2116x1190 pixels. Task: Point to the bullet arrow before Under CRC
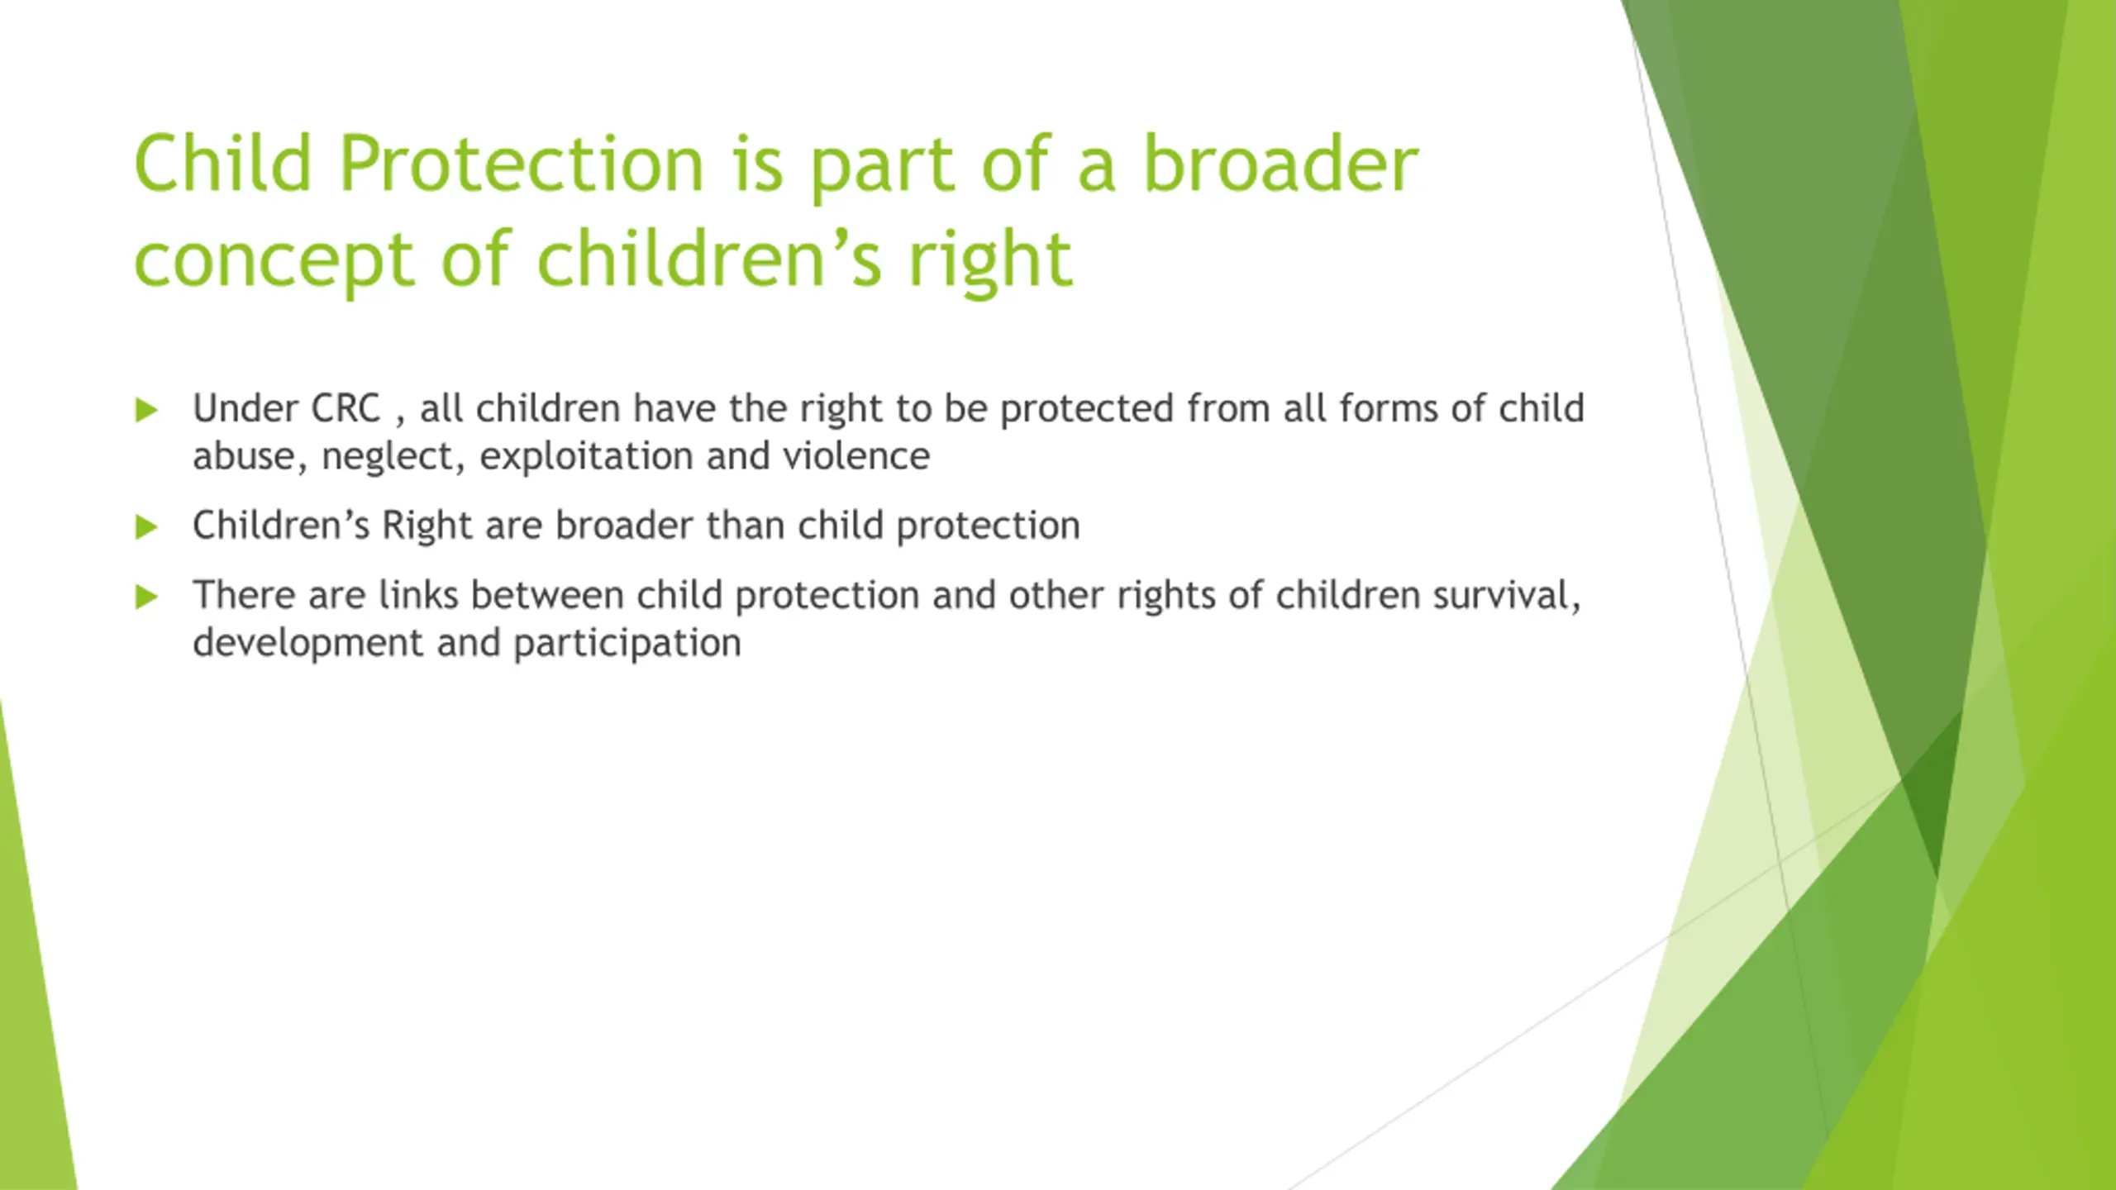tap(146, 409)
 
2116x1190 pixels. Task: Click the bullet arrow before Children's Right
tap(146, 526)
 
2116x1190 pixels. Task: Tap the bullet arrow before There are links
tap(146, 596)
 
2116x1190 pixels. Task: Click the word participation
tap(627, 645)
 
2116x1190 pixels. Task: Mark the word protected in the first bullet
tap(1087, 410)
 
